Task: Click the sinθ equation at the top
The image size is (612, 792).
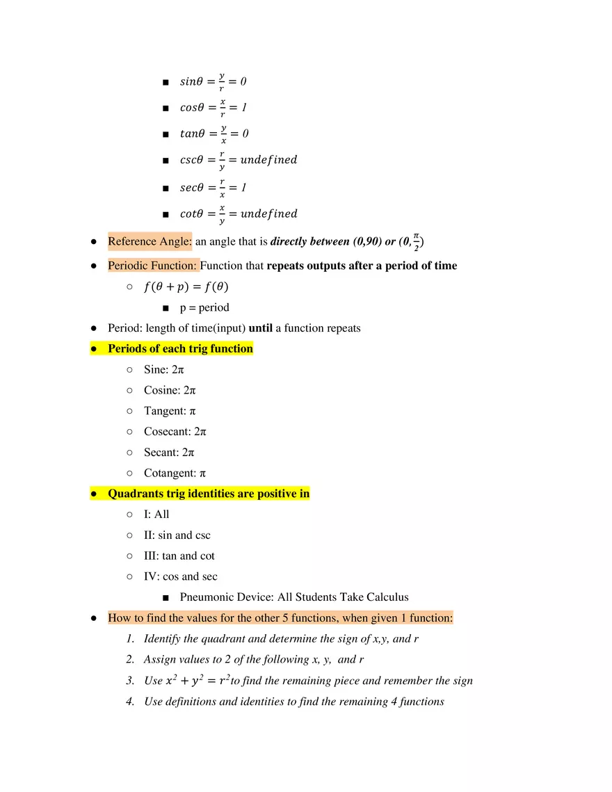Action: pos(213,82)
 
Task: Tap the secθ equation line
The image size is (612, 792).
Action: pos(213,188)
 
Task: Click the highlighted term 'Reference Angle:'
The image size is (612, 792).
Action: pos(150,242)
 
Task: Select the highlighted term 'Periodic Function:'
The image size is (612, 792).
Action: pos(153,266)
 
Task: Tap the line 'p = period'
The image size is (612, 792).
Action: pos(204,307)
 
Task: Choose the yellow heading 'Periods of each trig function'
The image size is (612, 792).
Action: pos(180,348)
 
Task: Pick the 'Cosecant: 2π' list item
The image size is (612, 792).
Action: pos(175,432)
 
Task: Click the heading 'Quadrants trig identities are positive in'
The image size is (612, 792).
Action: pos(209,494)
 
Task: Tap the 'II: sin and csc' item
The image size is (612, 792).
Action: pos(177,535)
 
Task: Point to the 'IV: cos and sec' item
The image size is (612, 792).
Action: pos(181,576)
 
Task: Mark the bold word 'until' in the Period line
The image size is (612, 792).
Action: pos(260,328)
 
